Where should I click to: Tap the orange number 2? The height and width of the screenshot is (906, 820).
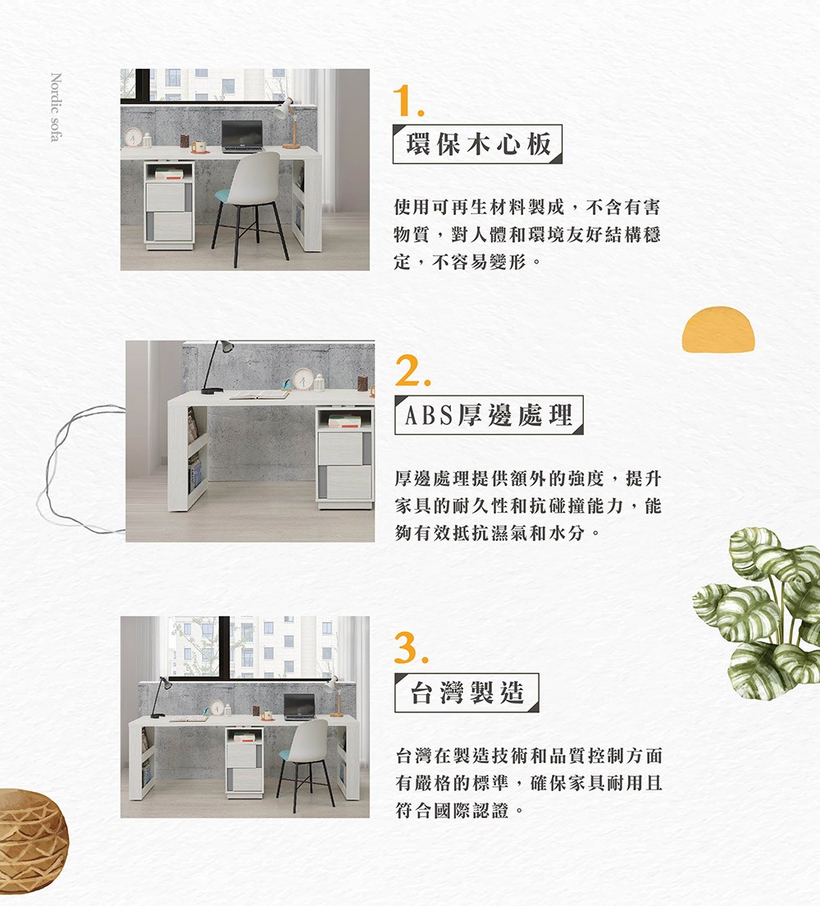(x=412, y=374)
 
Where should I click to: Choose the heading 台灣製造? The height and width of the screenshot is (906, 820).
(x=466, y=693)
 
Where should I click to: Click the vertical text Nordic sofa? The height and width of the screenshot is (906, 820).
(x=56, y=108)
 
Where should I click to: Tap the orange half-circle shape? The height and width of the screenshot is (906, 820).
(x=717, y=329)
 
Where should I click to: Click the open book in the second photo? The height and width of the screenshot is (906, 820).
(x=259, y=395)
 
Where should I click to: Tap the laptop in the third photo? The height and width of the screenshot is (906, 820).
(x=299, y=707)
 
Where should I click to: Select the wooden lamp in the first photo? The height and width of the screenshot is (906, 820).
(x=287, y=123)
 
